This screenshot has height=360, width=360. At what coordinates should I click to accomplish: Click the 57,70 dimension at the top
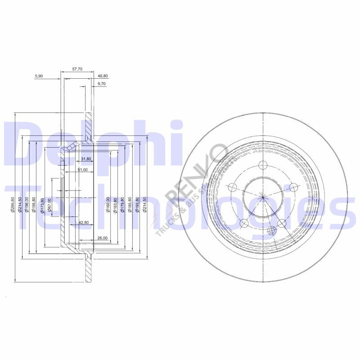[77, 69]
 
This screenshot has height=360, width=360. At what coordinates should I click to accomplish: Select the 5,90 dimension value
[39, 76]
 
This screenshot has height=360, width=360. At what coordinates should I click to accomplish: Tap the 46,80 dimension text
[103, 76]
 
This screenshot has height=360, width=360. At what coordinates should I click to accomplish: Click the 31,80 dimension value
[86, 159]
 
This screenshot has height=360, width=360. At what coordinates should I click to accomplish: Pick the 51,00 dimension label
[82, 170]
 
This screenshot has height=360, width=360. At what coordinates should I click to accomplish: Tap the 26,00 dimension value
[101, 238]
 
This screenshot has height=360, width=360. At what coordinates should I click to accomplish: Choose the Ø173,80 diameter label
[42, 204]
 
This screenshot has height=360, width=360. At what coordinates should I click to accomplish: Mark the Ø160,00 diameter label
[108, 204]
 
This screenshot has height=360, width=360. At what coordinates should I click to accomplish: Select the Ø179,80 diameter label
[123, 204]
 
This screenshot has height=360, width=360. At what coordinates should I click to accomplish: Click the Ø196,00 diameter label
[28, 204]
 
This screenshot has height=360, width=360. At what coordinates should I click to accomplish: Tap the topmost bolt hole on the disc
[263, 165]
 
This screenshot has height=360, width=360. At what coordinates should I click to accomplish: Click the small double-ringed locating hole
[271, 231]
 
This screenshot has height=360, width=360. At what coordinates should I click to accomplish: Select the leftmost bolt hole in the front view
[233, 187]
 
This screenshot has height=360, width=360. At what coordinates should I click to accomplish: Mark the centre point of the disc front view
[263, 196]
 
